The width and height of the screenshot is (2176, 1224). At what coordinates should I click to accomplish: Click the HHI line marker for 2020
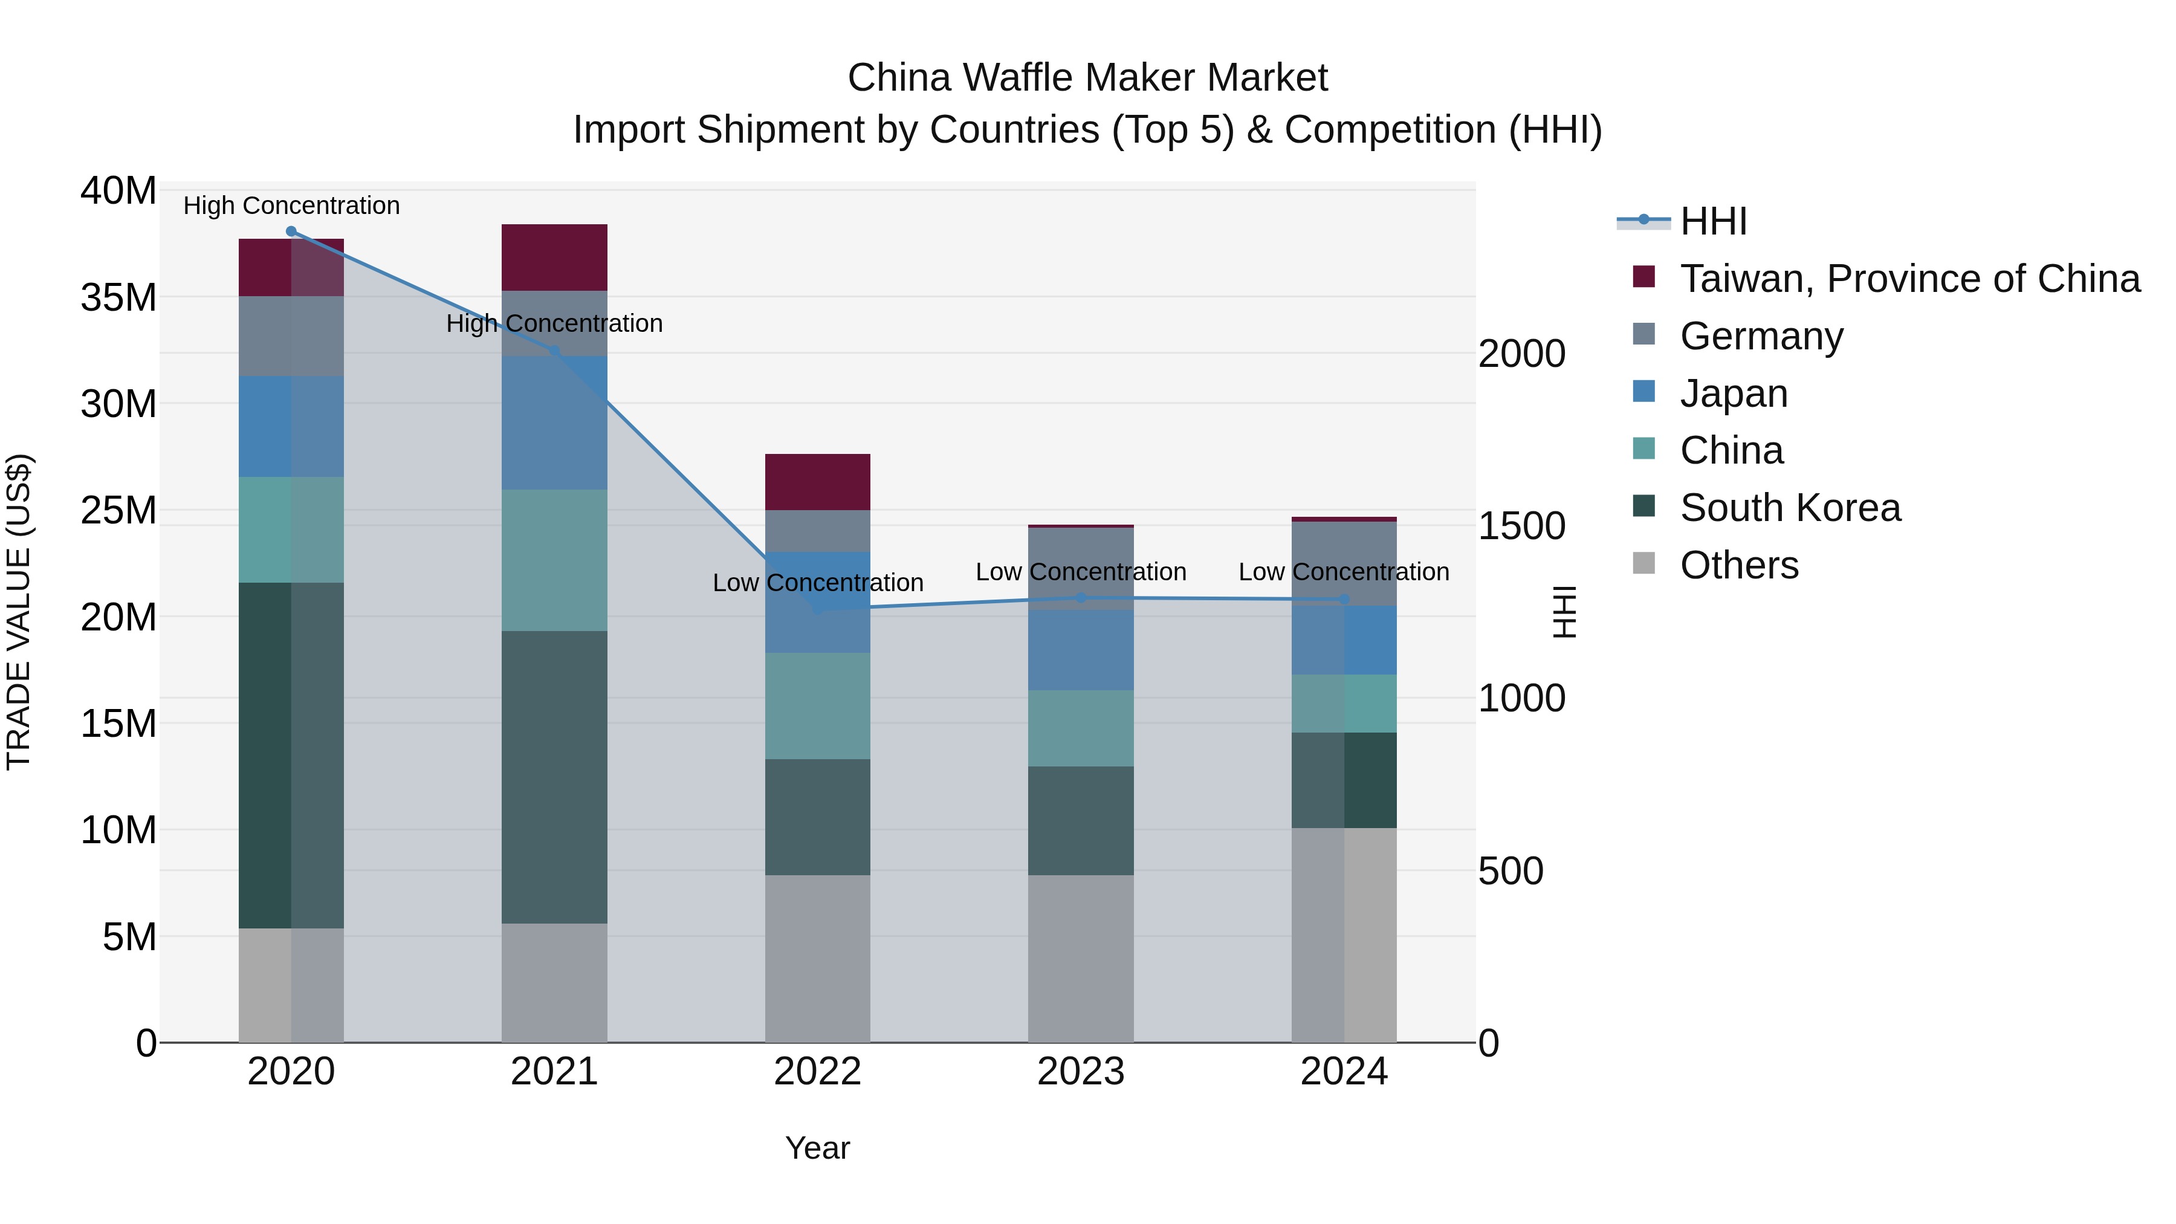point(291,232)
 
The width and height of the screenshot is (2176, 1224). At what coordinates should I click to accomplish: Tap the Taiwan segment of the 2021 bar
point(554,257)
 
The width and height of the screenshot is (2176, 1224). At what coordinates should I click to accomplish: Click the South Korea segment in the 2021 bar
point(554,777)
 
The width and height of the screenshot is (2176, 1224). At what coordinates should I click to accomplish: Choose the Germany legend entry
point(1761,336)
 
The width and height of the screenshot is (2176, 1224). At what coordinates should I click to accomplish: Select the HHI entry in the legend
point(1713,221)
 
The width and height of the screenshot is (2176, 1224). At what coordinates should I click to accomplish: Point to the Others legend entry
point(1738,565)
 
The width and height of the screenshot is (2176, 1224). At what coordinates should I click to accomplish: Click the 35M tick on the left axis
point(118,297)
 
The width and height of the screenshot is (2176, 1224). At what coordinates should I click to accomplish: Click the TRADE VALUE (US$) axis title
point(19,612)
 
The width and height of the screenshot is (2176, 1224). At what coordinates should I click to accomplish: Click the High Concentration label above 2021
point(554,323)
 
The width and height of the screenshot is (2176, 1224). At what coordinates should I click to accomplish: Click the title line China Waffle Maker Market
point(1087,78)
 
